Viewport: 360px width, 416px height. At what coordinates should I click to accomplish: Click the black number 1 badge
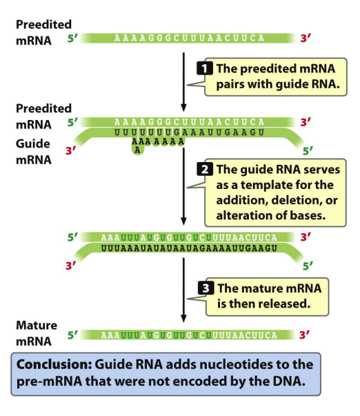click(x=205, y=68)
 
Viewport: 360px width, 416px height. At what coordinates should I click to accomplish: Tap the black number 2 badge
click(x=205, y=169)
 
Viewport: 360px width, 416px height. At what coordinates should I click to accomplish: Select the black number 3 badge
click(x=206, y=288)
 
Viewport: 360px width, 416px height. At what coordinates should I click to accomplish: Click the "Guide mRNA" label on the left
click(x=33, y=152)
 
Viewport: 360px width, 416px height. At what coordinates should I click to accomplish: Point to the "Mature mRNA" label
click(x=37, y=333)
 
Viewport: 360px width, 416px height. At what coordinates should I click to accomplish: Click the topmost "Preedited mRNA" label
click(x=43, y=32)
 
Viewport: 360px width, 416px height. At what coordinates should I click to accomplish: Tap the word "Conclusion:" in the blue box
click(x=54, y=364)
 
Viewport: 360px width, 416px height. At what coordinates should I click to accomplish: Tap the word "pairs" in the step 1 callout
click(x=229, y=85)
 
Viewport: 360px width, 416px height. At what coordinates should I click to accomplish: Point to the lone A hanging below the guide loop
click(x=137, y=150)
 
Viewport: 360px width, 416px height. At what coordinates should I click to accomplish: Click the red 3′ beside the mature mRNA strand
click(x=305, y=335)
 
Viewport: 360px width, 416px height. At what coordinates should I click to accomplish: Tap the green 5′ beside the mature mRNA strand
click(x=72, y=335)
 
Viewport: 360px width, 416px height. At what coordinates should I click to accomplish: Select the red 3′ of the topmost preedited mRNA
click(x=306, y=38)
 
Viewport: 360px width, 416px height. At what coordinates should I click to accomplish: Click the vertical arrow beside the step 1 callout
click(x=183, y=82)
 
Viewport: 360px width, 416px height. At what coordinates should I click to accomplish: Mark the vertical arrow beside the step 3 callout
click(x=183, y=290)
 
